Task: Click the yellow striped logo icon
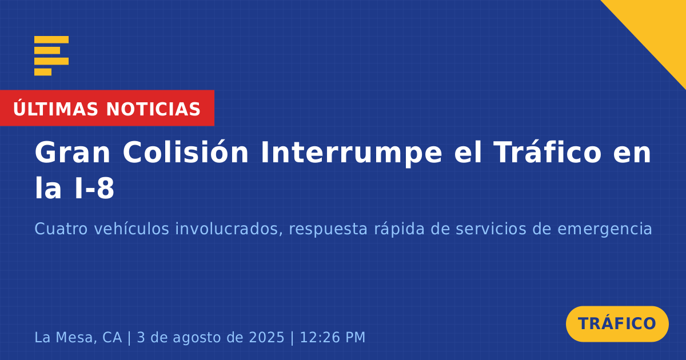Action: click(51, 56)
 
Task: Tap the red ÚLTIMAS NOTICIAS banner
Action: click(107, 108)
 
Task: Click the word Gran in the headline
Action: click(72, 153)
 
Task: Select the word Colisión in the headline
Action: click(186, 152)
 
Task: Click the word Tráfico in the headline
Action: click(548, 152)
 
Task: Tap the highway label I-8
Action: click(94, 188)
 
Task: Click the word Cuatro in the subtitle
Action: click(61, 229)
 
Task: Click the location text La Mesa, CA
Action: click(78, 337)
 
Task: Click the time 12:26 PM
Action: click(333, 337)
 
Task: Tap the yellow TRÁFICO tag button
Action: click(617, 324)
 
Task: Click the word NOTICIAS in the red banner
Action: click(153, 109)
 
